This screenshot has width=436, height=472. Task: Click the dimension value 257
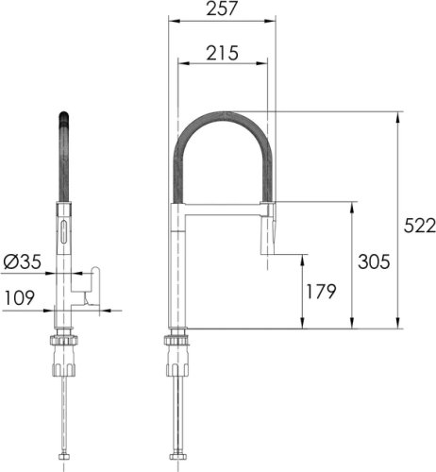pos(223,8)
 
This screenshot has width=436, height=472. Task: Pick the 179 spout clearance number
pos(321,292)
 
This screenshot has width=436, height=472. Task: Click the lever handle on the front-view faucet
pos(91,283)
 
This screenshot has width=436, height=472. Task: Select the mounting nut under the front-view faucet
pos(62,342)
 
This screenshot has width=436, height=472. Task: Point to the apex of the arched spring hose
pos(223,112)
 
